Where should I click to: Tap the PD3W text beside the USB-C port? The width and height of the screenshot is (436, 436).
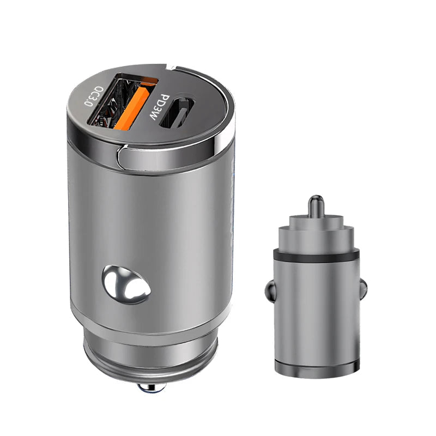tap(160, 107)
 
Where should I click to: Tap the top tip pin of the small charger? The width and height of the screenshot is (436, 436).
tap(316, 205)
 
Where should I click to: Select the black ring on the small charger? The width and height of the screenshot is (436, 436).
tap(316, 254)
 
